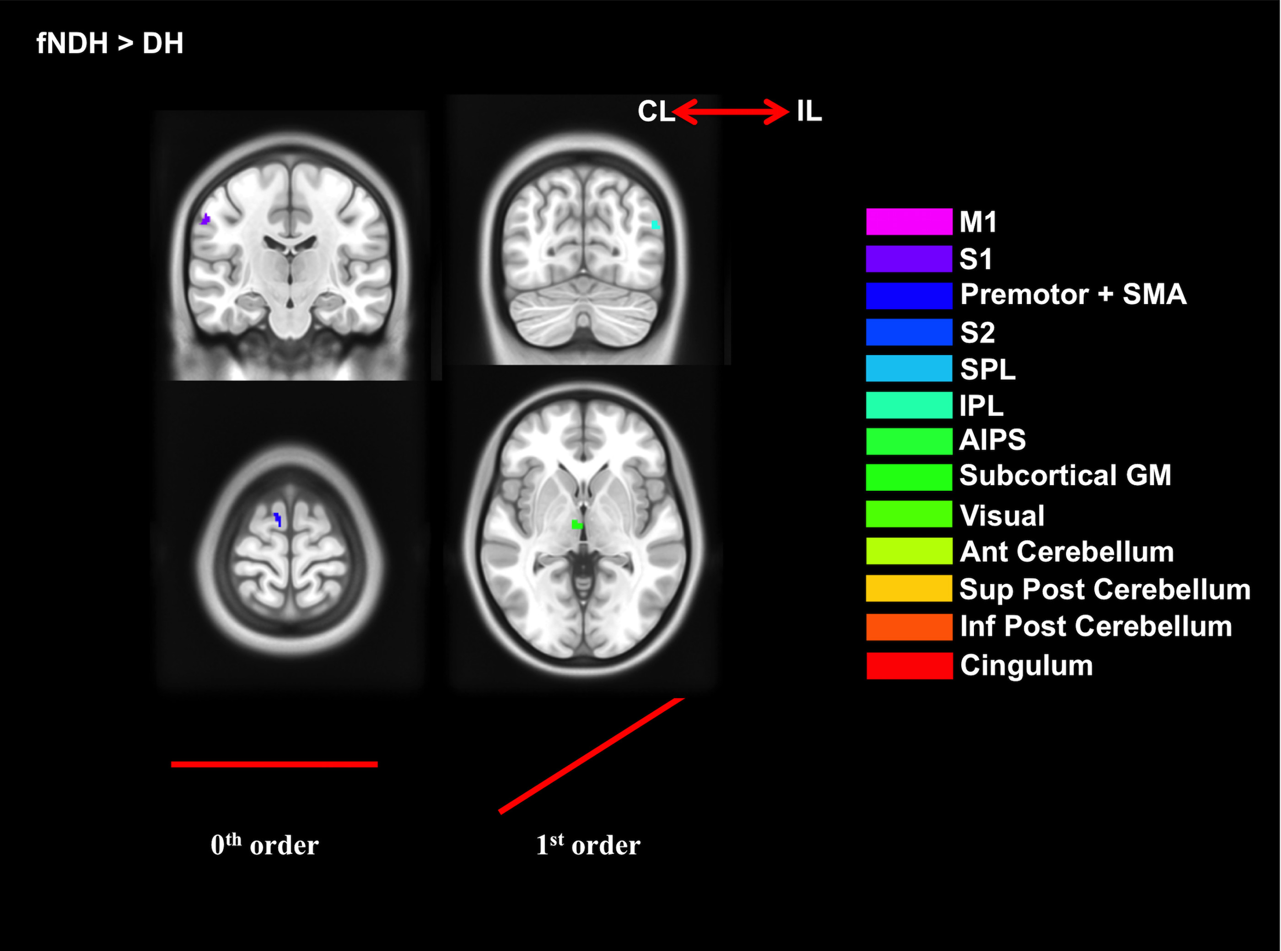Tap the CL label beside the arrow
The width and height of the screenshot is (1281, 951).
tap(655, 111)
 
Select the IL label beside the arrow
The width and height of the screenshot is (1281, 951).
tap(809, 111)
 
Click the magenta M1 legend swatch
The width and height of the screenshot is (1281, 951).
tap(909, 222)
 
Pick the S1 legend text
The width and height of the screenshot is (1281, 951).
tap(976, 259)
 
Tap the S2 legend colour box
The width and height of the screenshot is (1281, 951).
tap(909, 332)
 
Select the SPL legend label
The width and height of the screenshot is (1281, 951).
tap(987, 369)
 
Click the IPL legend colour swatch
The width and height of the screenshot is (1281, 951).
tap(909, 405)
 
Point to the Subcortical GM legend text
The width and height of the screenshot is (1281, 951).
tap(1065, 476)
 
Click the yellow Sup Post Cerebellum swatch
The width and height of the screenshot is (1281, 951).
tap(909, 588)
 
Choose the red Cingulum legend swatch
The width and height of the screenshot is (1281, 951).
tap(909, 666)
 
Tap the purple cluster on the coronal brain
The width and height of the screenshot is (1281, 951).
tap(205, 219)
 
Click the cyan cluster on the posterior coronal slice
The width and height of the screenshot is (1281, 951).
tap(655, 225)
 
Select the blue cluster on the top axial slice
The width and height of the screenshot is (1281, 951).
tap(278, 519)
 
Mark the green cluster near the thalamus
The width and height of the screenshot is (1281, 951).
tap(577, 524)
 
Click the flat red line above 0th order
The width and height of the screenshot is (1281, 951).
tap(274, 764)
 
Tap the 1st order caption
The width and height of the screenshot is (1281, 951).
tap(588, 845)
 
